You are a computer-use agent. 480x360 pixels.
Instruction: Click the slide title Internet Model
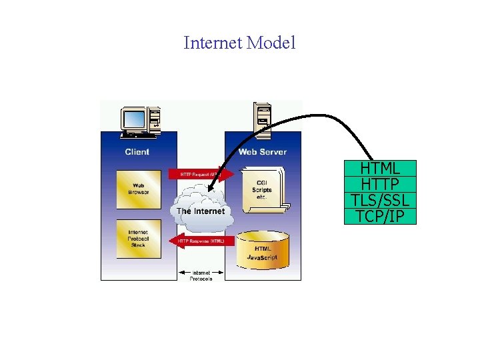pyautogui.click(x=239, y=43)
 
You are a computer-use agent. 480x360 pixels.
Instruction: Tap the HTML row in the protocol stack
pyautogui.click(x=380, y=168)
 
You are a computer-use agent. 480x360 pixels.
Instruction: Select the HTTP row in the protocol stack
pyautogui.click(x=380, y=184)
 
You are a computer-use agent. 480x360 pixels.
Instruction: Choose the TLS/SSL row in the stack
pyautogui.click(x=380, y=200)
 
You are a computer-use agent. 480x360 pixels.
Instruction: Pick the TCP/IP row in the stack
pyautogui.click(x=380, y=216)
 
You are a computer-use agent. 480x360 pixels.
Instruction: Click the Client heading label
pyautogui.click(x=137, y=152)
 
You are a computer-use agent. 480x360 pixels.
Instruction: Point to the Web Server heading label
pyautogui.click(x=263, y=152)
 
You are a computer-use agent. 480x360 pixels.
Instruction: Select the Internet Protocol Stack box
pyautogui.click(x=139, y=239)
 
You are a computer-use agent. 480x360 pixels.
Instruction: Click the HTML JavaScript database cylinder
pyautogui.click(x=263, y=250)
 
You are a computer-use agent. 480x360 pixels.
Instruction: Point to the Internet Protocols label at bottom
pyautogui.click(x=201, y=275)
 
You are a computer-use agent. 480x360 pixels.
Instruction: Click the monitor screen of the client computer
pyautogui.click(x=134, y=118)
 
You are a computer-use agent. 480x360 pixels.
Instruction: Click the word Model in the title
pyautogui.click(x=271, y=43)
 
